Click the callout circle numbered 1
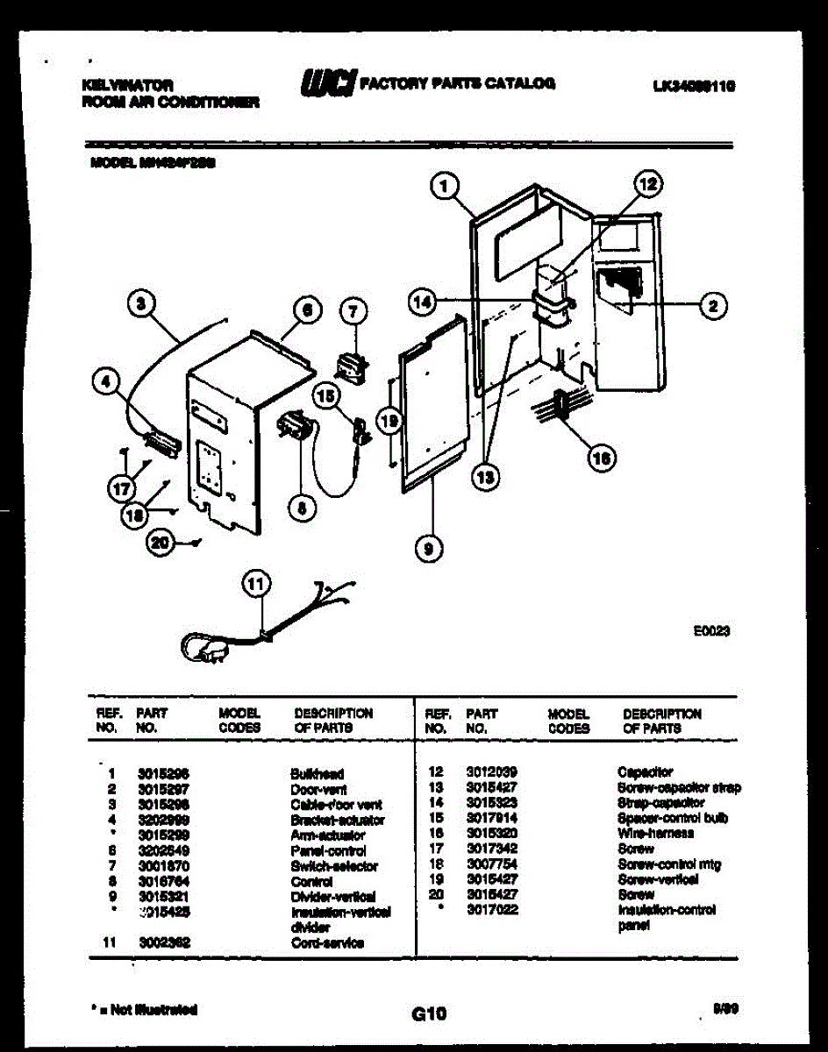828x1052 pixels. tap(446, 186)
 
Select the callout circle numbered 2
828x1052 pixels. tap(713, 306)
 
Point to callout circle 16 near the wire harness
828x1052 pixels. tap(601, 457)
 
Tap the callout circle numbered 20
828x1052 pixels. tap(160, 544)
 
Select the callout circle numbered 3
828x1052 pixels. tap(141, 304)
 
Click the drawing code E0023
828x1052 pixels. tap(711, 629)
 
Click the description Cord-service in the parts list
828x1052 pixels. tap(327, 942)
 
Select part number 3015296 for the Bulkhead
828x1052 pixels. tap(164, 774)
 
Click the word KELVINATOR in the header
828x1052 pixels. tap(126, 86)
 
